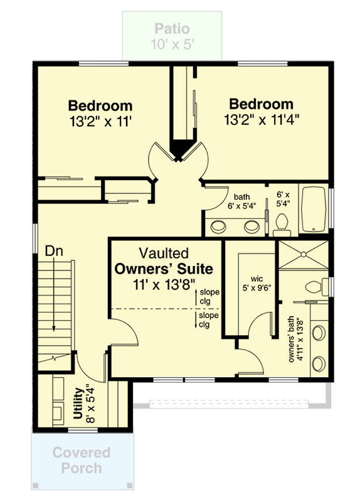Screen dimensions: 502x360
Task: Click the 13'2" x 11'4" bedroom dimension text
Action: pos(261,119)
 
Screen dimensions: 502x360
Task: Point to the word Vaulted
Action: pos(164,254)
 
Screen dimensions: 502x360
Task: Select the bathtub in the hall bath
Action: pos(314,210)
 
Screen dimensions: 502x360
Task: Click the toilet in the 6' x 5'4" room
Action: pos(282,221)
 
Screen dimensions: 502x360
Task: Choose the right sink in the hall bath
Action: pos(252,225)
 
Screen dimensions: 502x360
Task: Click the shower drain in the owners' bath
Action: pos(303,255)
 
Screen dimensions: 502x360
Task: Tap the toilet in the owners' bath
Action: pos(313,287)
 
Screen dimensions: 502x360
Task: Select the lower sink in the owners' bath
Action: pos(319,363)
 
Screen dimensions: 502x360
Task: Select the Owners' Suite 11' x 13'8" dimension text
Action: pos(164,286)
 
